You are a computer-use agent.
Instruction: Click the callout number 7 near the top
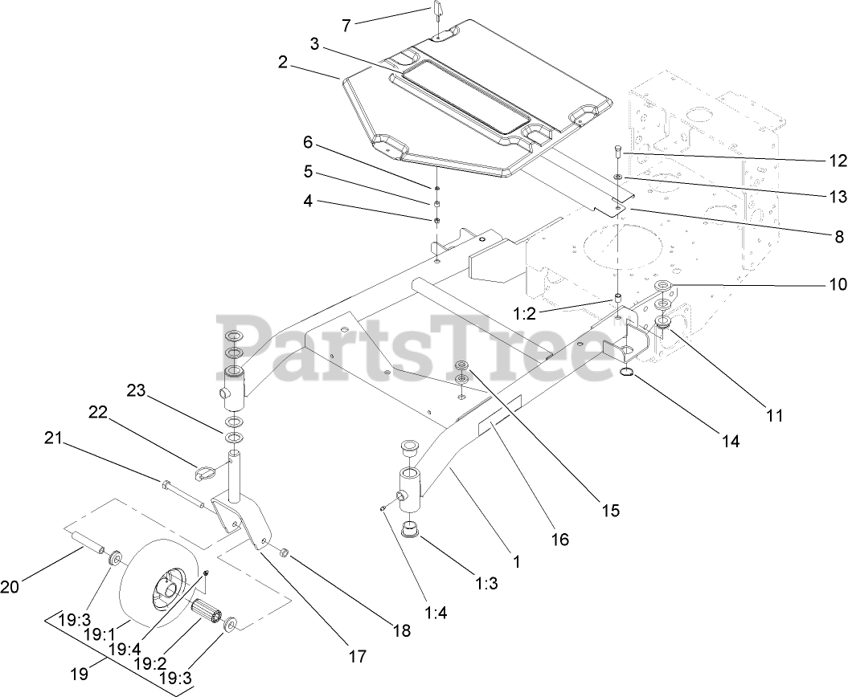tap(346, 25)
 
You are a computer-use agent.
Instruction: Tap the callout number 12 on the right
tap(838, 161)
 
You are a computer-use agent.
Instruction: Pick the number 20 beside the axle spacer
tap(10, 587)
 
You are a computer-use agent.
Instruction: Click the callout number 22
tap(98, 411)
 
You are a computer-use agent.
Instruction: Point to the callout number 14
tap(730, 441)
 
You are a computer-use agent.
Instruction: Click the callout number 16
tap(560, 540)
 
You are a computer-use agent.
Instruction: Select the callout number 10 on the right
tap(838, 284)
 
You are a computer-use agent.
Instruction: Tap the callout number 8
tap(838, 237)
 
